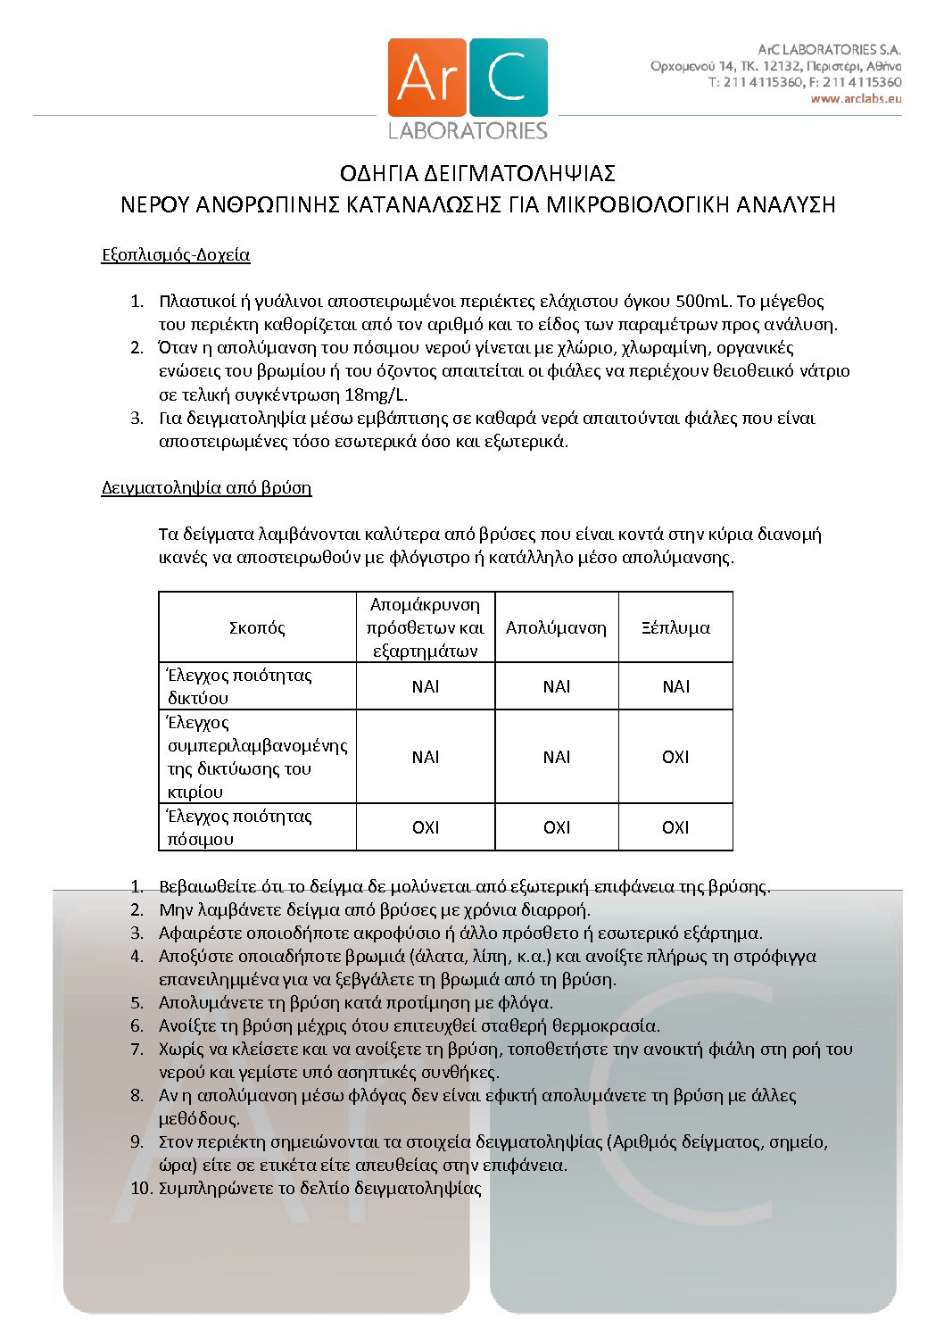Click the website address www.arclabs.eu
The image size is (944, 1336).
pos(856,99)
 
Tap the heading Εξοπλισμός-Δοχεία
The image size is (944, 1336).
pos(176,255)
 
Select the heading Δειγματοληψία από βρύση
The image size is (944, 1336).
pos(206,488)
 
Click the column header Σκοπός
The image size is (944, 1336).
pos(257,627)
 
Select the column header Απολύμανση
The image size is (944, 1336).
pos(556,627)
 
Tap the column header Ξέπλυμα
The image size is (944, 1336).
pos(675,627)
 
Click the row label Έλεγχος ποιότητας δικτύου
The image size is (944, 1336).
pos(239,686)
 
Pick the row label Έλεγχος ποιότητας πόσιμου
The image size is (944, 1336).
pos(239,827)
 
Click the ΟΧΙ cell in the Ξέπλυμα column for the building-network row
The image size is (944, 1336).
pos(675,757)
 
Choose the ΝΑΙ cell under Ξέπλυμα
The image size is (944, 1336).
pos(675,686)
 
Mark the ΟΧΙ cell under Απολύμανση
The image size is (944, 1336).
pos(557,827)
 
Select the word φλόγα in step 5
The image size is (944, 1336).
pos(530,1003)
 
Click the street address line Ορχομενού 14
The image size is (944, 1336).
pos(775,66)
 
